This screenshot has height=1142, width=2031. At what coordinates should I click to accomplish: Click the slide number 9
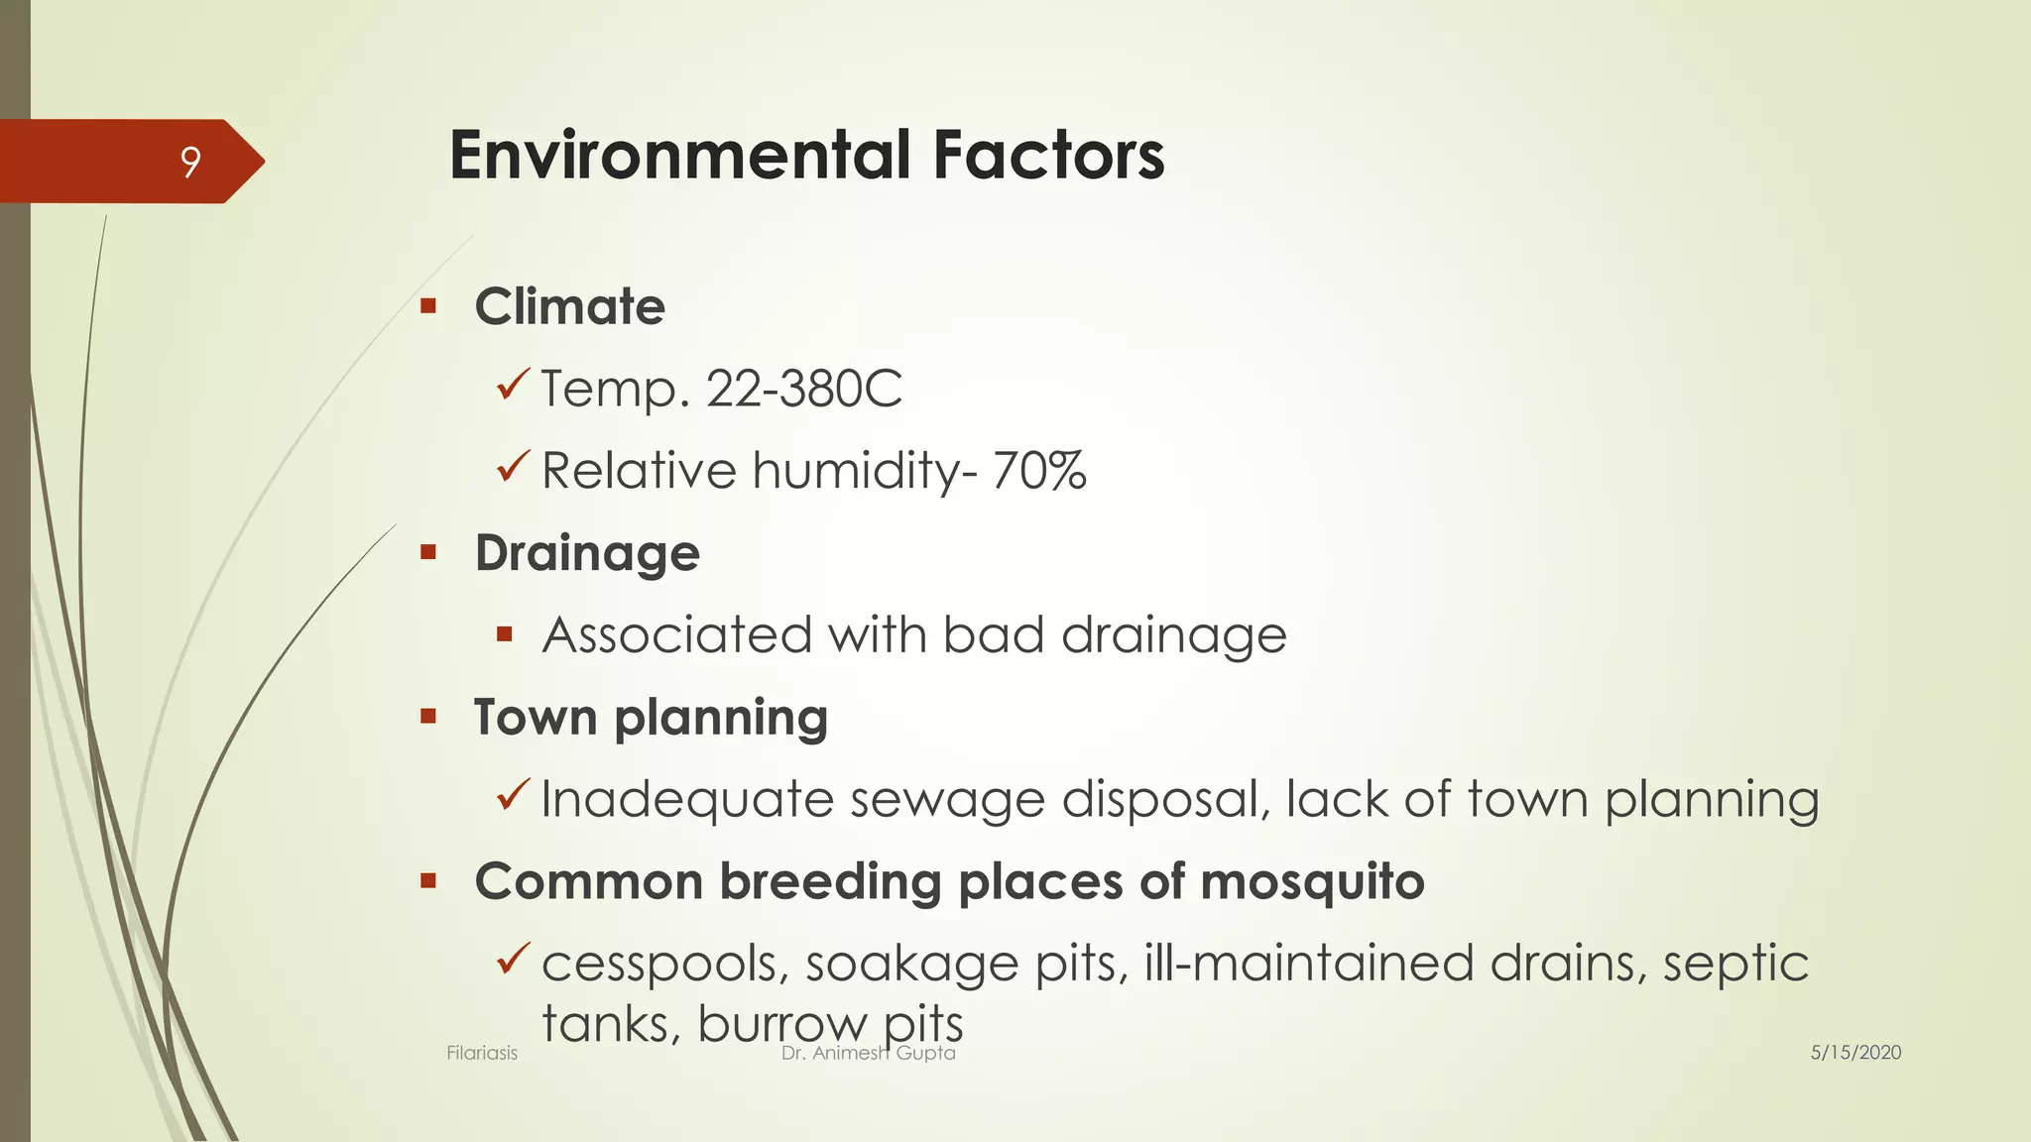190,162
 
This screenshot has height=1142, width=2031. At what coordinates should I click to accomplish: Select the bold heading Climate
569,306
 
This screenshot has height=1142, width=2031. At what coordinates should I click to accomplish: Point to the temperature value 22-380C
803,389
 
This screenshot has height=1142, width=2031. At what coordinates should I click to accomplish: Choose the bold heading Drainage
587,553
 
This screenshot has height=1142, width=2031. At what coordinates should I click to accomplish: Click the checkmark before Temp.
513,385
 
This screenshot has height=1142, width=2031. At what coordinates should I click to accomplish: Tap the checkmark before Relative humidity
513,466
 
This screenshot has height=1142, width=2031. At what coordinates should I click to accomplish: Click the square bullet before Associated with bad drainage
505,634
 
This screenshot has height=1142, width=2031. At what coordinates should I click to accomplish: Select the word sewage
947,799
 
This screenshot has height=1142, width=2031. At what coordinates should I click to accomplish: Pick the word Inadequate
686,799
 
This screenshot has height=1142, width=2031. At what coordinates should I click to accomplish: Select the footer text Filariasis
482,1053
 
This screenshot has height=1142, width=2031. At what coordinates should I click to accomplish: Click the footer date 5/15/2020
1855,1053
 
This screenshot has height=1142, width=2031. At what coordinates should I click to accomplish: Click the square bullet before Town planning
428,717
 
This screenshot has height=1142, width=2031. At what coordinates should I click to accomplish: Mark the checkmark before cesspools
513,959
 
